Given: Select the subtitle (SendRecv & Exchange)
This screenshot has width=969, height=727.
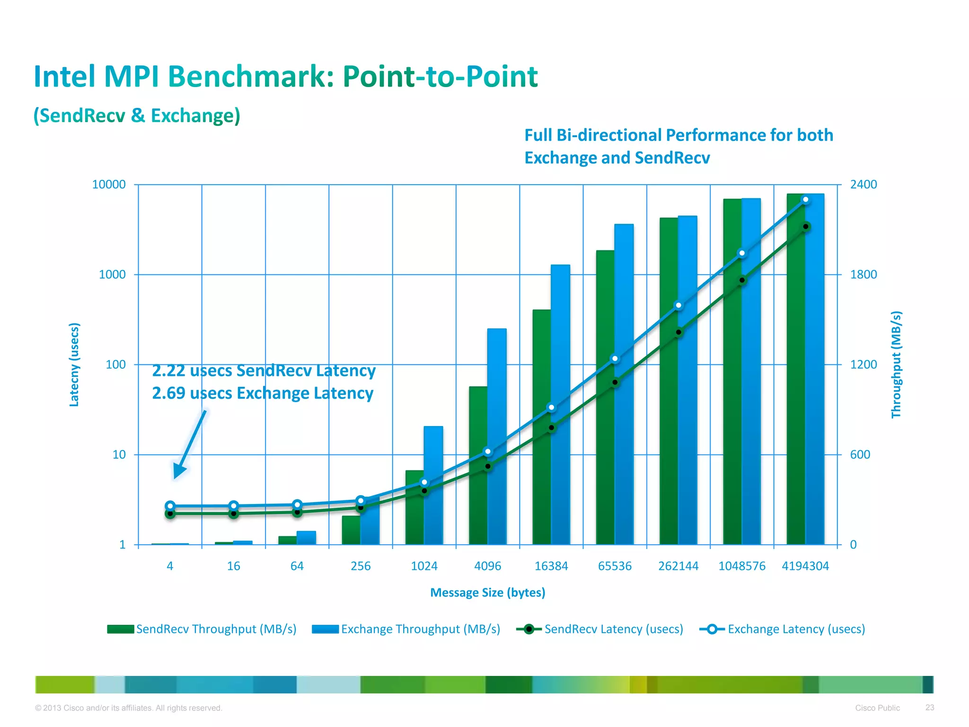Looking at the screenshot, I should [137, 115].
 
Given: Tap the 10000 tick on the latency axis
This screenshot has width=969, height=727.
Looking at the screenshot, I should [109, 185].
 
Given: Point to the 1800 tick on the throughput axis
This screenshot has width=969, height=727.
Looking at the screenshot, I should [863, 275].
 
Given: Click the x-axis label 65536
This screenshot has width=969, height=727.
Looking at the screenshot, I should [615, 566].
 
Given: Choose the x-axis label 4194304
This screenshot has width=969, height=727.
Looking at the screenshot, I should [805, 566].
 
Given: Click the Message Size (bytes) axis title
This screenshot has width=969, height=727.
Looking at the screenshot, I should [487, 593].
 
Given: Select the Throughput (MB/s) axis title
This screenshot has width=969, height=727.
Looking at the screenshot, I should [896, 364].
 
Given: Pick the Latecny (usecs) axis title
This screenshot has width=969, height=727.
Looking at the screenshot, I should [74, 364].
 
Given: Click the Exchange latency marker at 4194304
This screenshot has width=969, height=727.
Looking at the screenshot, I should [806, 200].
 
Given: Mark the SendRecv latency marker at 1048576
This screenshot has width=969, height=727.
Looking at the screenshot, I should [742, 280].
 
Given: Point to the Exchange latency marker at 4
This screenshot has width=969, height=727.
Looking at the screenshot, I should [170, 505].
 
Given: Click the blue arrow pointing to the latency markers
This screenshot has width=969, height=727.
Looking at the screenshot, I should [189, 445].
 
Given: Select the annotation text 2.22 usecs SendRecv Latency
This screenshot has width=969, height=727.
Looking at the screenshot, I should [264, 371].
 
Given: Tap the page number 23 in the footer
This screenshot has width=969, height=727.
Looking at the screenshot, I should [930, 707].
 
